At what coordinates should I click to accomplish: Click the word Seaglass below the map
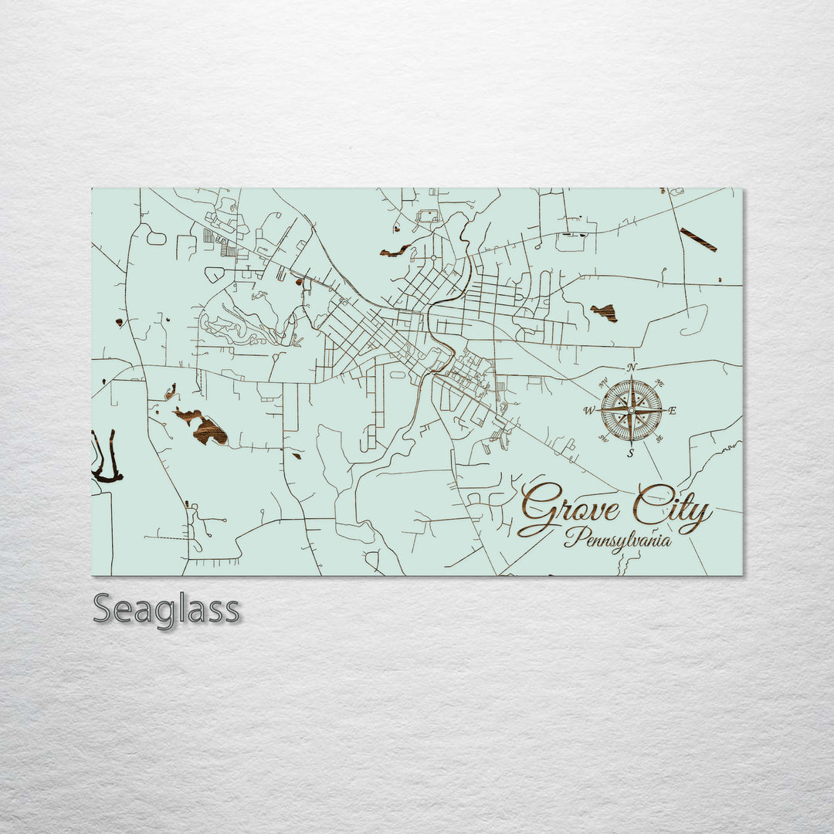tap(166, 610)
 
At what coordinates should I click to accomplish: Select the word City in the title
tap(670, 510)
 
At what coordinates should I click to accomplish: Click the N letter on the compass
tap(632, 368)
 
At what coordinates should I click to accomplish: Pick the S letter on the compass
tap(631, 453)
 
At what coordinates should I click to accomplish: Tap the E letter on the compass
tap(672, 411)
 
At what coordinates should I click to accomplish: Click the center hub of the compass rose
tap(631, 411)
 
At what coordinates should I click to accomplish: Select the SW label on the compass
tap(603, 439)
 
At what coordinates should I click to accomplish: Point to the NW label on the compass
tap(603, 382)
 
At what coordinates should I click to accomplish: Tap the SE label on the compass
tap(659, 439)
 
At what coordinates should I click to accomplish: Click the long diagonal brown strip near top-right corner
tap(698, 239)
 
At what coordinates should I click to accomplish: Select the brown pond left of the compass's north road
tap(605, 312)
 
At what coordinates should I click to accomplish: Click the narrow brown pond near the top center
tap(395, 251)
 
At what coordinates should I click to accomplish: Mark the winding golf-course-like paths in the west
tap(239, 324)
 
